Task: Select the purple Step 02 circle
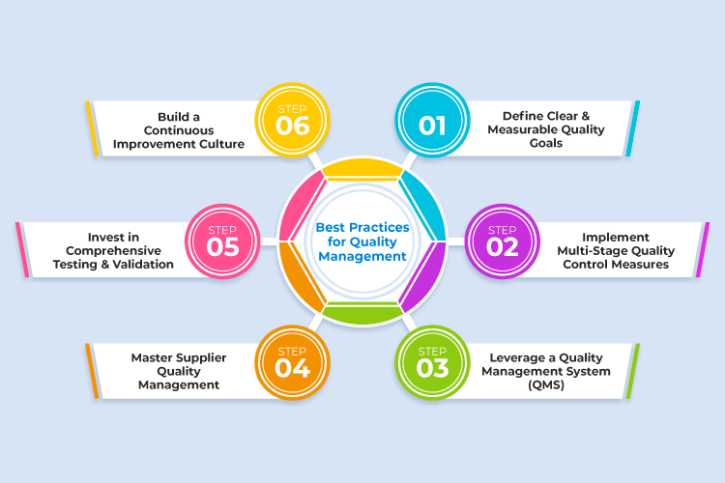click(x=502, y=241)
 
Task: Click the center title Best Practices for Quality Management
click(x=362, y=242)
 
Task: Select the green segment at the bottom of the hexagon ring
click(x=362, y=313)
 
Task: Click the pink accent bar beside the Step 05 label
click(x=20, y=250)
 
